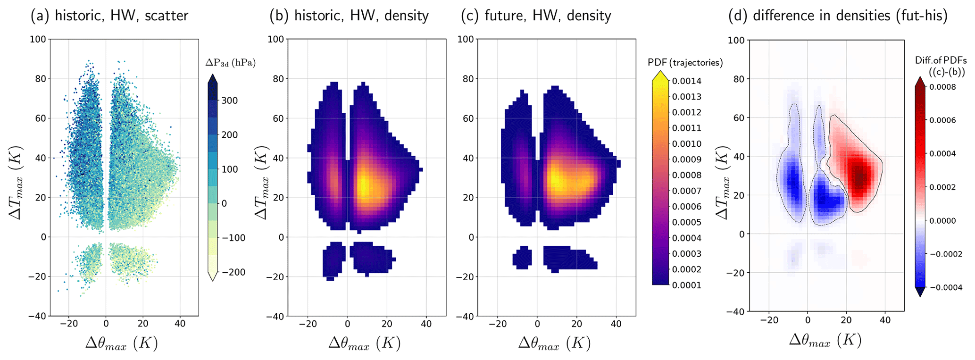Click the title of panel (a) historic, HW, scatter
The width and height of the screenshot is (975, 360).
pyautogui.click(x=109, y=16)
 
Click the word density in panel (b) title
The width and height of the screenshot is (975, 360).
pyautogui.click(x=406, y=16)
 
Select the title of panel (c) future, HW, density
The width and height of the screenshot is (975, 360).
pyautogui.click(x=536, y=16)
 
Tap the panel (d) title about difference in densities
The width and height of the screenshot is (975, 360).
pyautogui.click(x=838, y=16)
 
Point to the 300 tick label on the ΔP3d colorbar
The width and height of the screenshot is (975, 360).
pyautogui.click(x=230, y=100)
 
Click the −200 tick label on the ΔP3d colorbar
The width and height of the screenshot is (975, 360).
pyautogui.click(x=233, y=272)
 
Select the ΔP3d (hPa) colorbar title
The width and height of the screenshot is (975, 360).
pyautogui.click(x=231, y=63)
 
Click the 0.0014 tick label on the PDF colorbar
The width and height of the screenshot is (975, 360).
pyautogui.click(x=687, y=81)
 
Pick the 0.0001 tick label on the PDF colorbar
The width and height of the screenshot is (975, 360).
pyautogui.click(x=687, y=285)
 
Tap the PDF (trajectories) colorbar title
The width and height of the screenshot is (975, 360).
pyautogui.click(x=685, y=62)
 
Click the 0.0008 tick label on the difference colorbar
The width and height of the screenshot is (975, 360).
pyautogui.click(x=943, y=87)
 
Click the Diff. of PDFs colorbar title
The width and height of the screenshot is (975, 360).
pyautogui.click(x=941, y=66)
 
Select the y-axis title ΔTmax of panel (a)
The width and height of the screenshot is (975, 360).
pyautogui.click(x=15, y=178)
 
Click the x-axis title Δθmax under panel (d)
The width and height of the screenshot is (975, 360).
pyautogui.click(x=825, y=340)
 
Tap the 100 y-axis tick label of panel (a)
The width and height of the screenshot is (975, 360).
pyautogui.click(x=38, y=39)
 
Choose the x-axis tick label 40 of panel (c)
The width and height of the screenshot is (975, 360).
pyautogui.click(x=616, y=324)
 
